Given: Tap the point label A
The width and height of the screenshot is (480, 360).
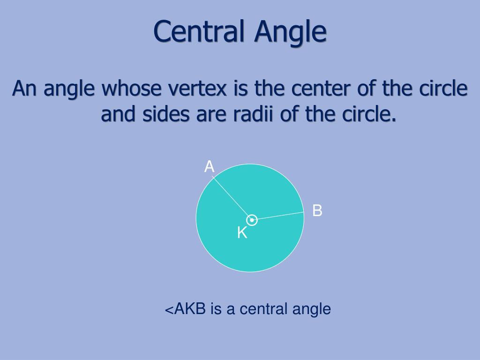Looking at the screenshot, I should click(209, 166).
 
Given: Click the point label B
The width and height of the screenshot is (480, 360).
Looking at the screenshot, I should click(317, 211).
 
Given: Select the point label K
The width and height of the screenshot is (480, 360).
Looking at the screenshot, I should click(242, 232).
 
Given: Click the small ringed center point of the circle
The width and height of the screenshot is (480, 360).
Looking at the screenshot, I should click(252, 220).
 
